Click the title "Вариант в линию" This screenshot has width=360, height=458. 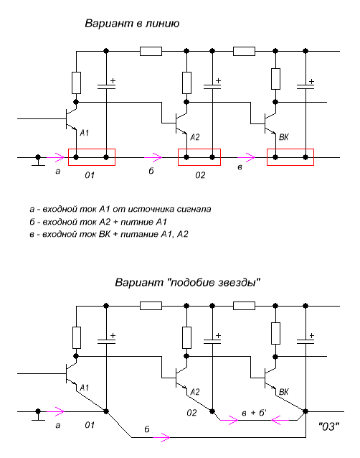coord(132,23)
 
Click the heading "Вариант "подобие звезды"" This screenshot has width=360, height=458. coord(187,282)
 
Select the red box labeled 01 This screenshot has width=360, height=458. coord(92,149)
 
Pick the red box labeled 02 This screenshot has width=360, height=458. coord(199,149)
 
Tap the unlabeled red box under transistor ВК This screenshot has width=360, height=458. coord(290,149)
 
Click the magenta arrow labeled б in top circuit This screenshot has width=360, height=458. coord(153,157)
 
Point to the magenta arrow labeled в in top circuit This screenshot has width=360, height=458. coord(246,157)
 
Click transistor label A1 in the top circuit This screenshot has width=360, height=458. coord(85,133)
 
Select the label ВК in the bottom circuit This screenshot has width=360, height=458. coord(284,392)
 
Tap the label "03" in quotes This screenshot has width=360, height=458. coord(328,426)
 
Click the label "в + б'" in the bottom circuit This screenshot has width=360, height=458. coord(255,413)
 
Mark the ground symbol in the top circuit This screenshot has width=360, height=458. coord(38,161)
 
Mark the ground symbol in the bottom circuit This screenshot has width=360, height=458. coord(38,415)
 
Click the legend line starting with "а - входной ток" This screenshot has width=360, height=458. coord(120,209)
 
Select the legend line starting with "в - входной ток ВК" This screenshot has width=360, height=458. coord(109,234)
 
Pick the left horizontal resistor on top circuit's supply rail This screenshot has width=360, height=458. coord(151,51)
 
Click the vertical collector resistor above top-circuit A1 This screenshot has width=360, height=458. coord(76,83)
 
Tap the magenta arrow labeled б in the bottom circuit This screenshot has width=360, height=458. coord(161,437)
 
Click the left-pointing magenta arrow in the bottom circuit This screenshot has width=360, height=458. coord(280,420)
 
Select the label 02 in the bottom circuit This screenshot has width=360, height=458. coord(191,413)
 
